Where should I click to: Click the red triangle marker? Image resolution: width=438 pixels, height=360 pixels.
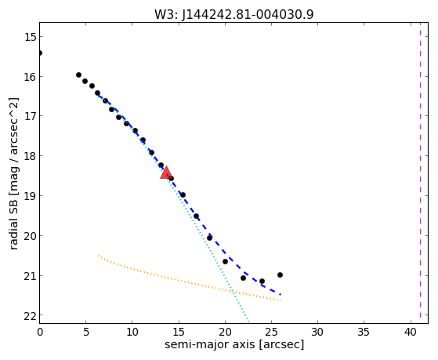tap(166, 173)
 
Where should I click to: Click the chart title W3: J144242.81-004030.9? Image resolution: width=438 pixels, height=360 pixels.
tap(234, 14)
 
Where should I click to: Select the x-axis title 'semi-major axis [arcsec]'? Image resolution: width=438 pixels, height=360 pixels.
tap(234, 344)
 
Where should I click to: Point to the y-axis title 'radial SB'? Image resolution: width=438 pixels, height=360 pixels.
tap(13, 223)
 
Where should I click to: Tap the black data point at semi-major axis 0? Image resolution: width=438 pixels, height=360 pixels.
tap(40, 53)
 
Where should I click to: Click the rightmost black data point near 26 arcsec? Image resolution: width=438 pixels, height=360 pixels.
tap(280, 275)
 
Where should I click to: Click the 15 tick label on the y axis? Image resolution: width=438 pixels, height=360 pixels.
tap(30, 37)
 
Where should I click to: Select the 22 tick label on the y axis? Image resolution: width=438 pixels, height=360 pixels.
tap(30, 316)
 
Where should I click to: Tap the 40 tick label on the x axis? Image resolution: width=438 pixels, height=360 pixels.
tap(411, 333)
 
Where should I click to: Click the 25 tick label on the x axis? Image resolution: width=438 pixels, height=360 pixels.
tap(271, 333)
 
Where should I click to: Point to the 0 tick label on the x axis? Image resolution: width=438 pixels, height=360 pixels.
tap(40, 333)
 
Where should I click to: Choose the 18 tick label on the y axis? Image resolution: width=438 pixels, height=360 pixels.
tap(30, 156)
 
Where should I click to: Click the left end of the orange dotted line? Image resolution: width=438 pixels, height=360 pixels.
tap(98, 256)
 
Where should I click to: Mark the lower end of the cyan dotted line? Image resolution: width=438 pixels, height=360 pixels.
tap(248, 322)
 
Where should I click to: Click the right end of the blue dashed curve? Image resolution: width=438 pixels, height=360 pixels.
tap(281, 295)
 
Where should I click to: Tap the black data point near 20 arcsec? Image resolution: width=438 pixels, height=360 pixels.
tap(225, 261)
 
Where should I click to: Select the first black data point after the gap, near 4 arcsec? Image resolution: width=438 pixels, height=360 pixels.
tap(79, 75)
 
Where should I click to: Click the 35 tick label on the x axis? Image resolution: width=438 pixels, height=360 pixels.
tap(364, 333)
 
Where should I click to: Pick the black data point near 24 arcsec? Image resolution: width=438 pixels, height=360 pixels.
tap(262, 281)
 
